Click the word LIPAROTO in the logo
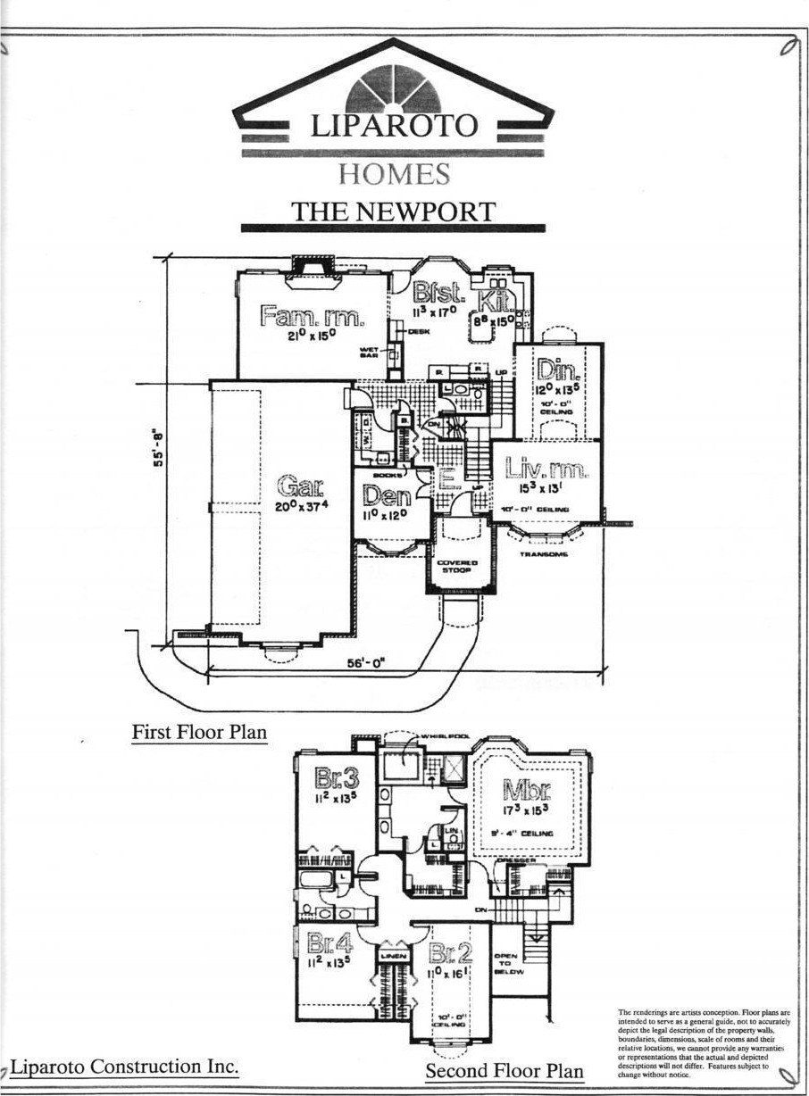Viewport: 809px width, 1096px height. tap(393, 125)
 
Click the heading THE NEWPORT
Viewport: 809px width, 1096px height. tap(393, 212)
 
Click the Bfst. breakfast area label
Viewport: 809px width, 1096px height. tap(438, 292)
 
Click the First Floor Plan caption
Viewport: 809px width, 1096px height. tap(199, 733)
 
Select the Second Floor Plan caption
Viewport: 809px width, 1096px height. tap(504, 1071)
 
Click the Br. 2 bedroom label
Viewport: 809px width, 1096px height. tap(450, 952)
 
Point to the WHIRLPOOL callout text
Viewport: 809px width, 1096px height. tap(432, 737)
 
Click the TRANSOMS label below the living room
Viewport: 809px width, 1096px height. tap(545, 554)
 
